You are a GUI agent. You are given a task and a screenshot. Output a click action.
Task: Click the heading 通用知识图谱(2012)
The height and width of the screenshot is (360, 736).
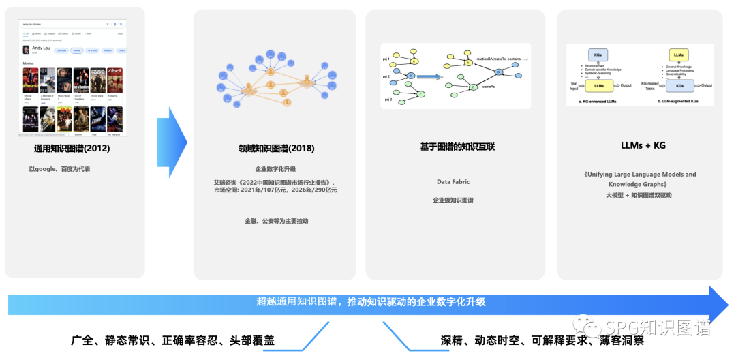click(72, 148)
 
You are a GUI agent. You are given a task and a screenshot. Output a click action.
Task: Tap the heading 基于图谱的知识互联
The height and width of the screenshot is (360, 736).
click(455, 147)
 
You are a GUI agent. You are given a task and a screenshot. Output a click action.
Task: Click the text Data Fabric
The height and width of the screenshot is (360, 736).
click(453, 182)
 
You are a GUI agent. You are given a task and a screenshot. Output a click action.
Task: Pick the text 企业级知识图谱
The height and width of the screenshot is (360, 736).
click(453, 200)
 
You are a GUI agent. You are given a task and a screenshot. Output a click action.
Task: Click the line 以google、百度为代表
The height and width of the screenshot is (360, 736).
click(59, 169)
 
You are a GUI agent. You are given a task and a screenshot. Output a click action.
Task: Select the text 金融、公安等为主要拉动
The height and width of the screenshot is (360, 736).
click(275, 221)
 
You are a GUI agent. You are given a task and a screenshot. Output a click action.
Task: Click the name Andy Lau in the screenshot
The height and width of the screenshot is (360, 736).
click(42, 48)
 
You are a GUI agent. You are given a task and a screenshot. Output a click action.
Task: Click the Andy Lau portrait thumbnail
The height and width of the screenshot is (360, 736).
click(26, 50)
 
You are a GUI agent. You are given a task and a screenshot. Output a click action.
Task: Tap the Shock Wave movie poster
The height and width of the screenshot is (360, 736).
click(98, 80)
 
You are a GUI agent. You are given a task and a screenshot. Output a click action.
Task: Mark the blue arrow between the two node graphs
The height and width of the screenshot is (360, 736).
click(429, 77)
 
